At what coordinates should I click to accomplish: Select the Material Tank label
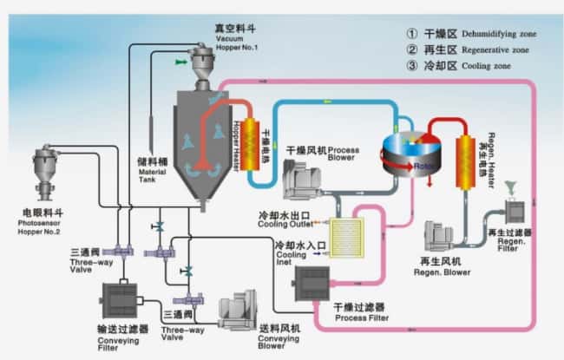(x=158, y=173)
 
